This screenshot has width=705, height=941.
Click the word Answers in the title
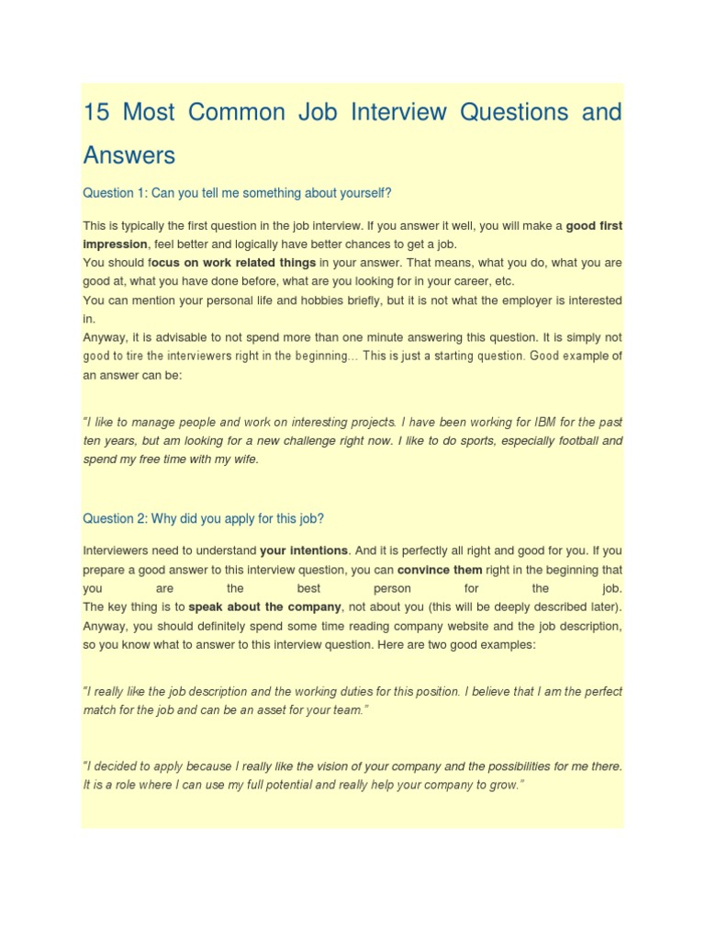point(129,154)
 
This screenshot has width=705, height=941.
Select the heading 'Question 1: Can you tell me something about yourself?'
point(237,193)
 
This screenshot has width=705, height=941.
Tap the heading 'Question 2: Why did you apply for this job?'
point(203,518)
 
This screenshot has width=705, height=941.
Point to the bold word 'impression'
point(115,244)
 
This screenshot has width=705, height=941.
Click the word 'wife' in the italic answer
point(244,459)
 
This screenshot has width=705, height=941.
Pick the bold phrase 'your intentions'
point(304,550)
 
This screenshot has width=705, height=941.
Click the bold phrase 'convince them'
point(440,569)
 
